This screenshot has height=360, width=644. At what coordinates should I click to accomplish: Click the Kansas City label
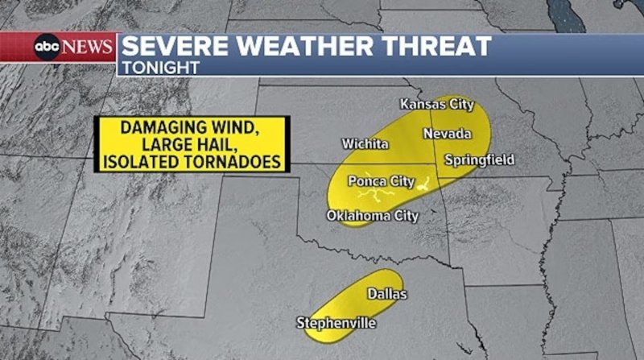436,105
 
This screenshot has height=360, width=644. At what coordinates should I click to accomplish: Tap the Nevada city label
446,133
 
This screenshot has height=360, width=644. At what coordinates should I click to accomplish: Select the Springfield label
479,160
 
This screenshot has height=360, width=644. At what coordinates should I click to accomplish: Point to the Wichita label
365,144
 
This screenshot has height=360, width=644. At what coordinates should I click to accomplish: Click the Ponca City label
381,181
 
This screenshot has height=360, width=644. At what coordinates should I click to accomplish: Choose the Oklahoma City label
372,216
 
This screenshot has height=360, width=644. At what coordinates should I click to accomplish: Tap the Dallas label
387,294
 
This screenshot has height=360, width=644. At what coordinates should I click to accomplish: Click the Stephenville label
336,323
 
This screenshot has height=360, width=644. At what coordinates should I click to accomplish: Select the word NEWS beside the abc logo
87,47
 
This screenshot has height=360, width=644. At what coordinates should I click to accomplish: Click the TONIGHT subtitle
160,68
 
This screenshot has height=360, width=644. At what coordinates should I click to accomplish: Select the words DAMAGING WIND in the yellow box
190,128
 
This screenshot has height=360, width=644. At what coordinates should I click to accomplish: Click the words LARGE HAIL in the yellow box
190,145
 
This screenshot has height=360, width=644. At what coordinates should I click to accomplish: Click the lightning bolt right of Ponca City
422,183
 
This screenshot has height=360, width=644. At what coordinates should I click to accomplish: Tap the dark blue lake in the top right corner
573,10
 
